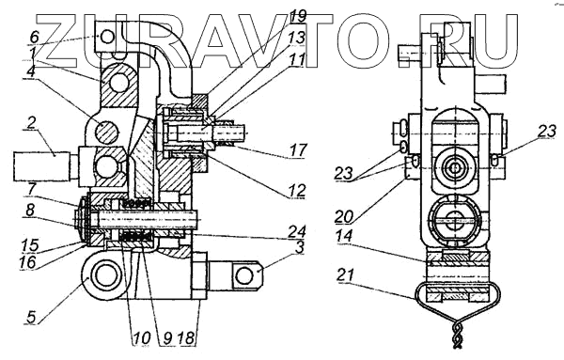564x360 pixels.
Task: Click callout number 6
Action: tap(35, 37)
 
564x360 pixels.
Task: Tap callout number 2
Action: tap(31, 124)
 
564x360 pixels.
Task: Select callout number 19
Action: tap(298, 16)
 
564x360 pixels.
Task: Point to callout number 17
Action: tap(298, 149)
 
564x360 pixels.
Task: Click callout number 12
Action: tap(298, 190)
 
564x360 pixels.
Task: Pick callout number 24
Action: tap(298, 231)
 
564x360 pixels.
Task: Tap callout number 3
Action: tap(300, 248)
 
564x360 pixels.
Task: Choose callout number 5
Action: tap(32, 317)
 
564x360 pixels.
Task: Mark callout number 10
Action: tap(141, 338)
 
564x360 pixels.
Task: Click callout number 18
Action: tap(187, 338)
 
